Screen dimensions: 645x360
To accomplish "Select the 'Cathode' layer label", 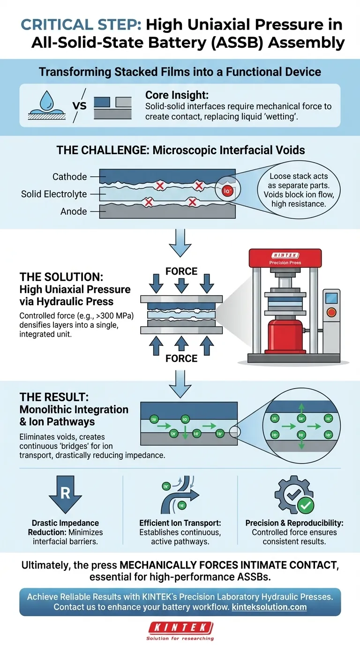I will tap(70, 177).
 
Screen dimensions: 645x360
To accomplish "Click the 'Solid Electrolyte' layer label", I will tap(54, 194).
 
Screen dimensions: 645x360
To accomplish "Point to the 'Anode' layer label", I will tap(74, 211).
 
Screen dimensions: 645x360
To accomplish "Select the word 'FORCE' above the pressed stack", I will tap(181, 271).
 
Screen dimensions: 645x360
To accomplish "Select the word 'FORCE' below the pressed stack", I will tap(181, 359).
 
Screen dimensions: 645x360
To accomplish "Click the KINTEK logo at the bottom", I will tap(180, 627).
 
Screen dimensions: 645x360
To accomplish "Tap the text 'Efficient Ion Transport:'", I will tap(180, 523).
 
